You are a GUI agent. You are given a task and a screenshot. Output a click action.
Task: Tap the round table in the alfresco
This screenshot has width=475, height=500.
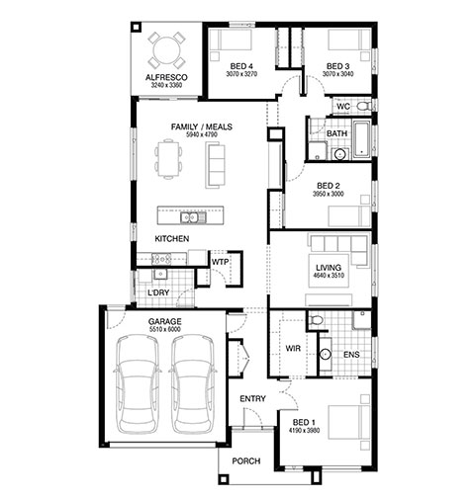[x=166, y=50]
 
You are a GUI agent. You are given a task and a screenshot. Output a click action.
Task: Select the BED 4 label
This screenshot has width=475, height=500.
[x=241, y=66]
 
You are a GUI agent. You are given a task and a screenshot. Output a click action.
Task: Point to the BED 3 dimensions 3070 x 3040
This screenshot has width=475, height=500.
[x=337, y=74]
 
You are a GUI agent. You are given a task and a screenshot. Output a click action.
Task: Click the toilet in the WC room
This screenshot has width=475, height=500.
[x=363, y=107]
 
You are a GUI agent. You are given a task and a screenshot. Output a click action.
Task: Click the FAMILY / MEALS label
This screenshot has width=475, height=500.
[x=202, y=126]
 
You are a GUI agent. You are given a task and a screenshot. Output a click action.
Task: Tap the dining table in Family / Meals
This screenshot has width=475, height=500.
[x=168, y=159]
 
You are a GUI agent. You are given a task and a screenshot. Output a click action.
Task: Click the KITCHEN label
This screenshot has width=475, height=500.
[x=172, y=238]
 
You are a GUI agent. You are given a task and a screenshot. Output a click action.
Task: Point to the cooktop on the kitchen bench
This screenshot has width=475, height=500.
[x=161, y=259]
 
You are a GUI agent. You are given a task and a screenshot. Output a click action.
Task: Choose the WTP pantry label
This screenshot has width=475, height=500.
[x=220, y=262]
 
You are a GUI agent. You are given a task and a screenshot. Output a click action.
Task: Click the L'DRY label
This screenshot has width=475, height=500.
[x=158, y=292]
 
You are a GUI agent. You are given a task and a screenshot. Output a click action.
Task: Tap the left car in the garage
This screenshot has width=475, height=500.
[x=137, y=383]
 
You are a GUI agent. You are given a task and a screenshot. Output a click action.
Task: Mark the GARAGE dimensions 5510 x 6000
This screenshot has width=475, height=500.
[x=165, y=329]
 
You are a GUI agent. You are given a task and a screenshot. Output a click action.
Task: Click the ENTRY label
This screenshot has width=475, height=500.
[x=252, y=399]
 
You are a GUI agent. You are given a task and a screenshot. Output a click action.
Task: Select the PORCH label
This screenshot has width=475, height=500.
[x=246, y=460]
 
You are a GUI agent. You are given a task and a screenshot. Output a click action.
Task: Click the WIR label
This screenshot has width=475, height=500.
[x=293, y=348]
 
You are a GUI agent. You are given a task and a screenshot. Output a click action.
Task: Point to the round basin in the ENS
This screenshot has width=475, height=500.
[x=326, y=354]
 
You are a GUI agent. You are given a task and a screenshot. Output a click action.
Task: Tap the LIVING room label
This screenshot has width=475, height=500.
[x=329, y=268]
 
